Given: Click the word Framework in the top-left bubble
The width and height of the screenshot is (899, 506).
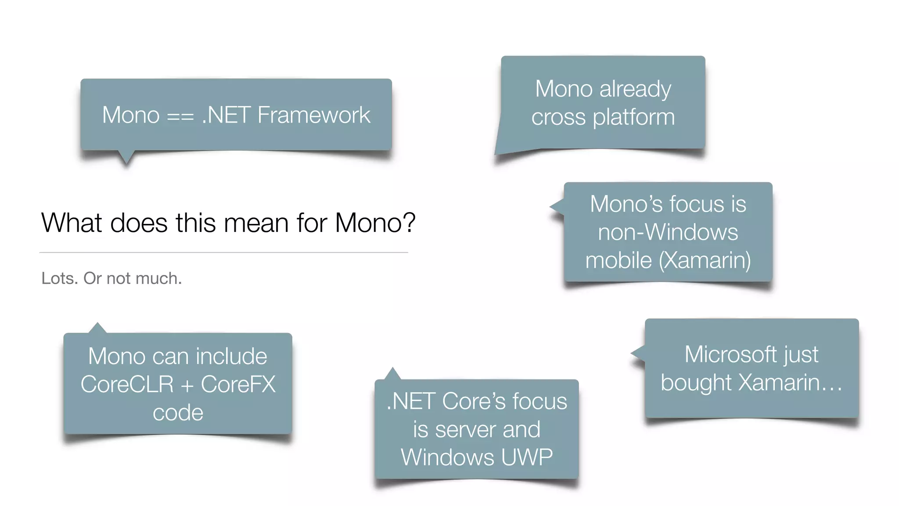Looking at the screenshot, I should (314, 115).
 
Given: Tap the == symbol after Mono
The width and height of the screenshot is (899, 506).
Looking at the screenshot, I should (180, 117).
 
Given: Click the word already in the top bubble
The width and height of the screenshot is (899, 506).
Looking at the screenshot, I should (635, 90).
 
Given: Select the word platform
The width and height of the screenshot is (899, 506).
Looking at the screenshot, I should (633, 118).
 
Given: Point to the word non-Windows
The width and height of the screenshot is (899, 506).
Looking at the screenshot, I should (668, 232).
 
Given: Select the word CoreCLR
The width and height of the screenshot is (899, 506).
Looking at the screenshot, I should (127, 384).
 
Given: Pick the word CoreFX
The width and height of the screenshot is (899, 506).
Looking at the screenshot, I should (238, 384).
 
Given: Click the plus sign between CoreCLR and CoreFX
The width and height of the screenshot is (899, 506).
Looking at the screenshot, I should (187, 386).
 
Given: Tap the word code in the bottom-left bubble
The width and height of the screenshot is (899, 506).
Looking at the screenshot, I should (178, 413).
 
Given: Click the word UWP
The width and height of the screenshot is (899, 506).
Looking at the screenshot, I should (527, 457).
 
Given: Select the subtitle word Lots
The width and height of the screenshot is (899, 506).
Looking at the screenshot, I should (59, 278).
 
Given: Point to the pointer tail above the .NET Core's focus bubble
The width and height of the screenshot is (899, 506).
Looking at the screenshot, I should (392, 374).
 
